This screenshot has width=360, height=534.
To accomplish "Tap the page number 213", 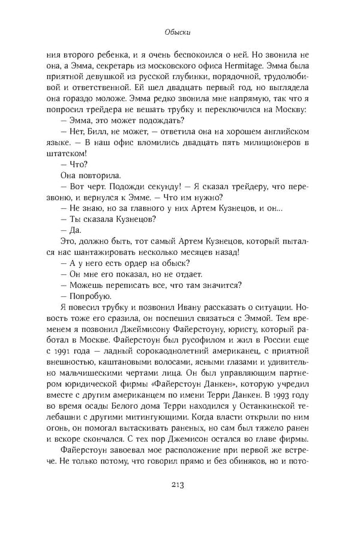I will click(x=179, y=485).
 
